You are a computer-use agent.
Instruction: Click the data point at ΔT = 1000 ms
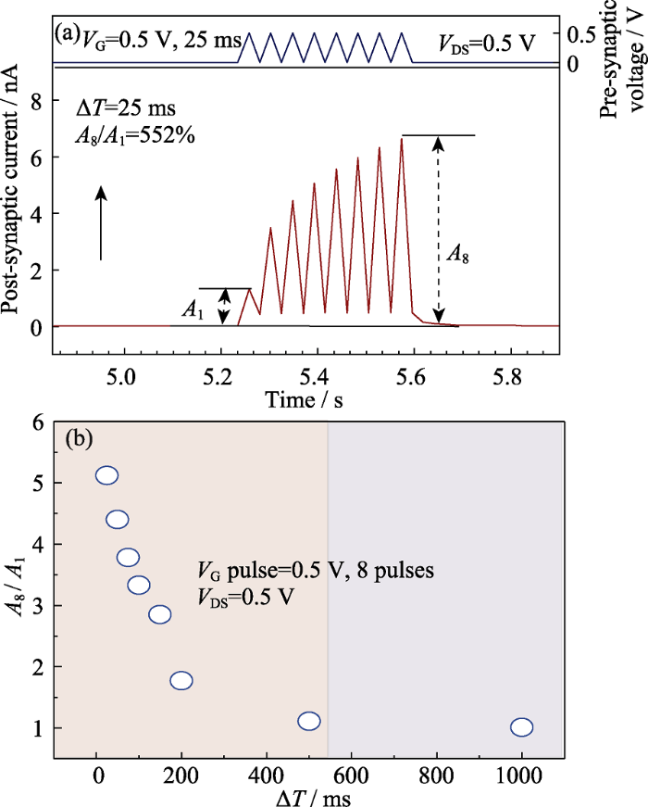(521, 726)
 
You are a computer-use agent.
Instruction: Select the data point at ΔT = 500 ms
(309, 721)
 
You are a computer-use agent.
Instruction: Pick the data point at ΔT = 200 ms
(181, 681)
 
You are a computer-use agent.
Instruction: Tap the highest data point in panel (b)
(106, 475)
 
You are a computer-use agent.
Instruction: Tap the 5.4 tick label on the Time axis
(363, 378)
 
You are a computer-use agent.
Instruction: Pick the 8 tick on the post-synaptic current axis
(39, 101)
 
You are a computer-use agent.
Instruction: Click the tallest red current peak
(402, 139)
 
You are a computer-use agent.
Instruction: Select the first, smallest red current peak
(249, 290)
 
